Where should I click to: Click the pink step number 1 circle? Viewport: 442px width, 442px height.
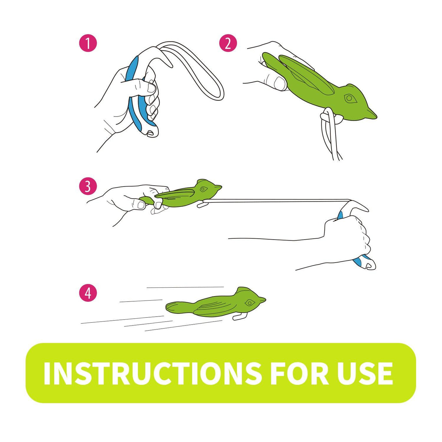(88, 43)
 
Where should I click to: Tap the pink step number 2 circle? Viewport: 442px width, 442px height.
(228, 43)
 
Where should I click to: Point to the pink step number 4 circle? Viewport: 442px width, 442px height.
(88, 293)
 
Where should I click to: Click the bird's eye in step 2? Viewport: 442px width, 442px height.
(349, 99)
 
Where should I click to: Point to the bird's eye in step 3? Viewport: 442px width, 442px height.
(203, 189)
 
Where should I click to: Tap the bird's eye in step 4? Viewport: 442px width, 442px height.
(249, 303)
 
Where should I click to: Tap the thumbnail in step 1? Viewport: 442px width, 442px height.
(152, 88)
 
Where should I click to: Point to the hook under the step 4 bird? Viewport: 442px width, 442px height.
(239, 316)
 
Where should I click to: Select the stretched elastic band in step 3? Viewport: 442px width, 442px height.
(275, 201)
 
